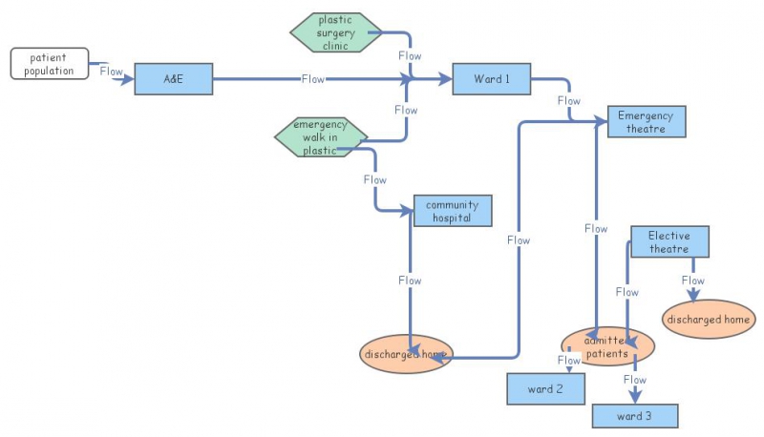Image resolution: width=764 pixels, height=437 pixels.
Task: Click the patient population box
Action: pos(50,64)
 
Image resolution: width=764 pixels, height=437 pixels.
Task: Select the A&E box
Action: pos(173,79)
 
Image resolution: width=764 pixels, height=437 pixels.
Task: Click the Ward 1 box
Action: pos(491,79)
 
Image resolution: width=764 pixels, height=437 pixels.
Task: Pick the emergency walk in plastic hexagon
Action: pos(321,136)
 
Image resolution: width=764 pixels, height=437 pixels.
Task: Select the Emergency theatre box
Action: pos(646,122)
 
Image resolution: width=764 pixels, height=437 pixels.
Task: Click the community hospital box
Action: pos(453,211)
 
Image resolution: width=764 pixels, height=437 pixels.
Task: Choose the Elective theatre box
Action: pos(668,242)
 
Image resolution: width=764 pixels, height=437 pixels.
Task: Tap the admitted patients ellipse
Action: pos(607,347)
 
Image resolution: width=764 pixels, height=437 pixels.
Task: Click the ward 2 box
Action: pos(545,389)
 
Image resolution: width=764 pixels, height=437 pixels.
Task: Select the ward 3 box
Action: pos(635,416)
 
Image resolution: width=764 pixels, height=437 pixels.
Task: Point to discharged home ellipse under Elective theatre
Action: pos(709,320)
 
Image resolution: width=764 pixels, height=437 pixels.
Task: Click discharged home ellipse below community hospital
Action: pos(405,354)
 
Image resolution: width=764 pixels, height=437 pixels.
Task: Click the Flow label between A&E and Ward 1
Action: pos(313,79)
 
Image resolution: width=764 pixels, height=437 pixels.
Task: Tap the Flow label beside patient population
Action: pos(112,72)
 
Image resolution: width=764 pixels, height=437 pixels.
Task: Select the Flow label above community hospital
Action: pos(375,179)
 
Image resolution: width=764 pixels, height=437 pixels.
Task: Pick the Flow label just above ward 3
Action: pos(635,380)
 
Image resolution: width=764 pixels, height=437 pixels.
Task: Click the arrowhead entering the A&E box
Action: pos(128,79)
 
